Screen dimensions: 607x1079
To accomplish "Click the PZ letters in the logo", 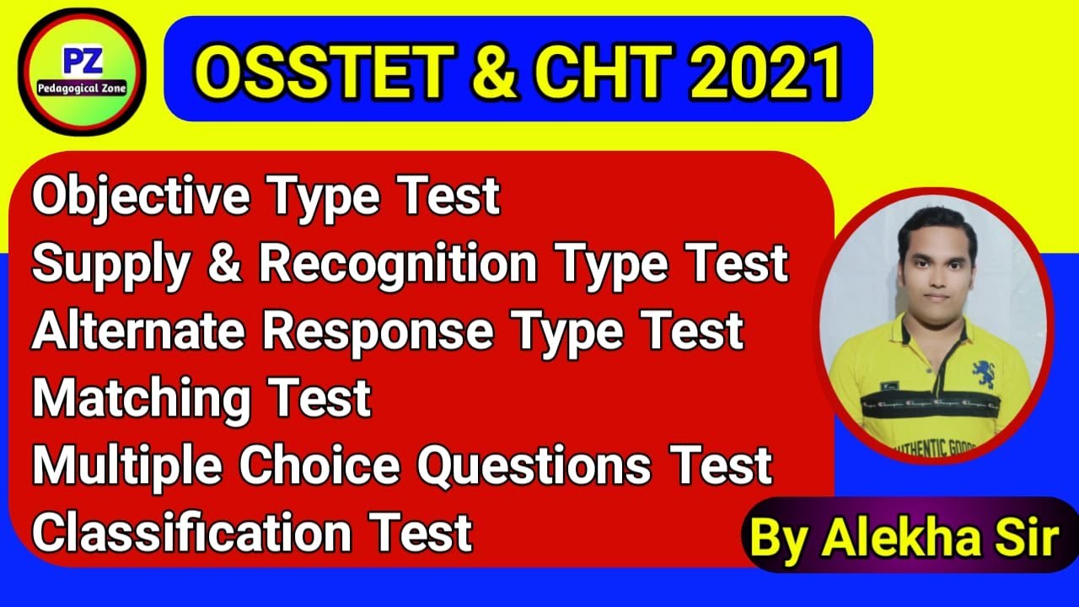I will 82,62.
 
